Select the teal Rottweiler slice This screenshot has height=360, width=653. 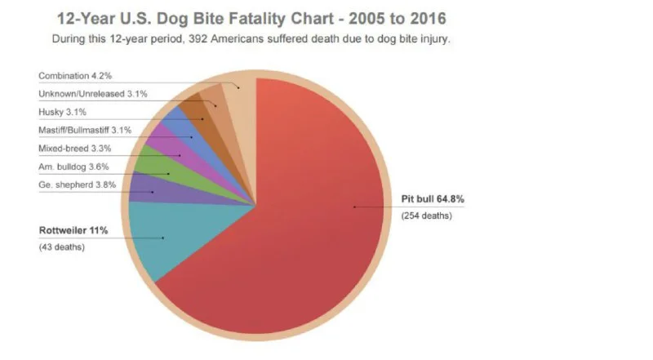coord(163,237)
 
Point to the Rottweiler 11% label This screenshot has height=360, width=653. coord(73,230)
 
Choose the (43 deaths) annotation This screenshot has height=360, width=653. coord(61,247)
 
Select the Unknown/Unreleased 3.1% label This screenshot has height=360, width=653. coord(93,94)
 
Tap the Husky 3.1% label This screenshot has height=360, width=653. coord(63,113)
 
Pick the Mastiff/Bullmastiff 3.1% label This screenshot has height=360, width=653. coord(85,131)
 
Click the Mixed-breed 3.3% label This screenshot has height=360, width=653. coord(74,149)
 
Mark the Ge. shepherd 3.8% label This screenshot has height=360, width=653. coord(77,185)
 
